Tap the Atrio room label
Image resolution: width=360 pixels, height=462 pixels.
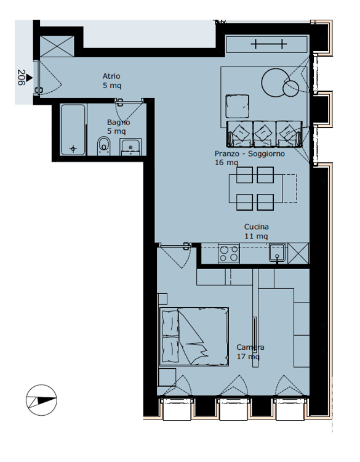(111, 76)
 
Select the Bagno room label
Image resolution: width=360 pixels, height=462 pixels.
(118, 123)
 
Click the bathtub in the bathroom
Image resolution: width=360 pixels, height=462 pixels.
(73, 130)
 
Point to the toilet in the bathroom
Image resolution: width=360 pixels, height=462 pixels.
(103, 146)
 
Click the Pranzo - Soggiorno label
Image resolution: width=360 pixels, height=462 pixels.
(249, 154)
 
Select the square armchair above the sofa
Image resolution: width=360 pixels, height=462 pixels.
(237, 106)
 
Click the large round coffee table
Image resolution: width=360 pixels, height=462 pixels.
(274, 80)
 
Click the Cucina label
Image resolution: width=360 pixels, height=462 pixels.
(256, 227)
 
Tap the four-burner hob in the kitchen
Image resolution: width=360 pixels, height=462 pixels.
(229, 253)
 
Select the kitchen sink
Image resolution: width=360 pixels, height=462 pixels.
(277, 253)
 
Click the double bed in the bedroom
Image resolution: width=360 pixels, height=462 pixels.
(194, 337)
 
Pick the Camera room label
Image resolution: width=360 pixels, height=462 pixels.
(250, 347)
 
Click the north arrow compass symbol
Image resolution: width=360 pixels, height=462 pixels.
(41, 399)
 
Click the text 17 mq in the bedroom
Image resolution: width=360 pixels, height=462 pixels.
(248, 357)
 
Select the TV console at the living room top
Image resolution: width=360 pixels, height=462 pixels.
(266, 44)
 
